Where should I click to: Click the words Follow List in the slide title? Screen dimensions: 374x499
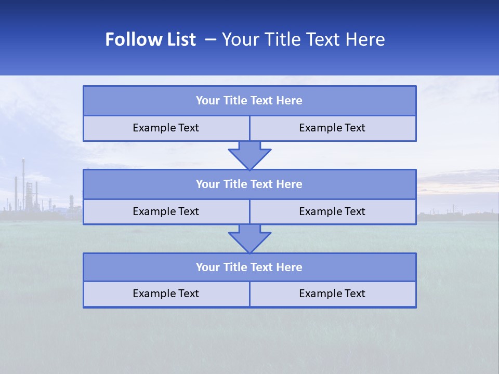[150, 39]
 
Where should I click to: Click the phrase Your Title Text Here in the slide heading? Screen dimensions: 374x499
[303, 39]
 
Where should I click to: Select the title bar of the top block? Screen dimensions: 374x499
[249, 101]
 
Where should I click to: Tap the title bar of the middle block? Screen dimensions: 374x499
[249, 184]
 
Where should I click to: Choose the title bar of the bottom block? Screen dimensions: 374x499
[249, 267]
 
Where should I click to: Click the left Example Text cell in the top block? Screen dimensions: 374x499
[166, 128]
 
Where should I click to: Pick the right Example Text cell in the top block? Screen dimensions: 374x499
[332, 128]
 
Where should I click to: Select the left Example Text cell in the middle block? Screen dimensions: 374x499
[166, 211]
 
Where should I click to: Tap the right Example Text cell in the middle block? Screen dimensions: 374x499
[332, 211]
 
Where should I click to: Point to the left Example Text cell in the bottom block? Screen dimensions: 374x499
[166, 293]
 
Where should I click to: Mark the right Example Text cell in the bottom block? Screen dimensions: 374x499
[332, 293]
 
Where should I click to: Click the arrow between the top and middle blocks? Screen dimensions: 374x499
[249, 155]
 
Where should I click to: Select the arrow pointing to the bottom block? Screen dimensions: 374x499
[249, 238]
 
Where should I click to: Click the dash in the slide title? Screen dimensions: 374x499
[211, 39]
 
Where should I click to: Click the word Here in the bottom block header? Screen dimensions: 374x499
[290, 267]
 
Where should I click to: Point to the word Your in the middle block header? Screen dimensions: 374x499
[207, 184]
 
